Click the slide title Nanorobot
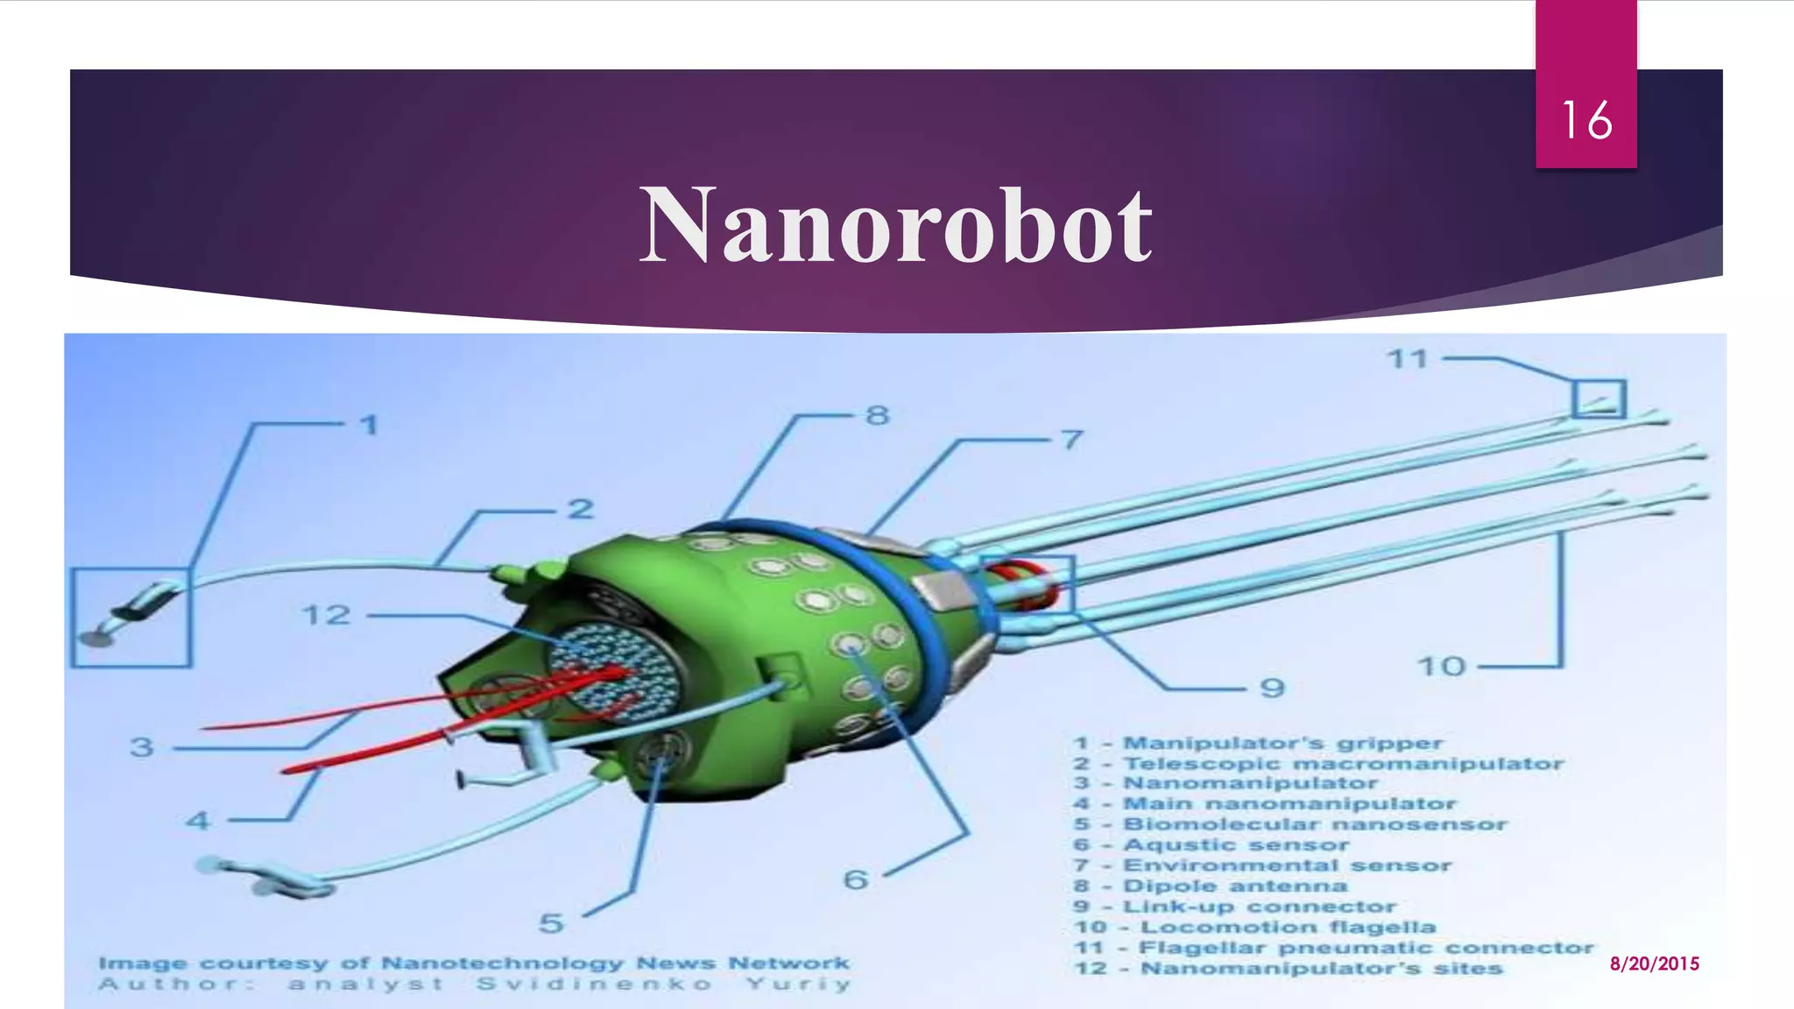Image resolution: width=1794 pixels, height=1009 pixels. (x=895, y=227)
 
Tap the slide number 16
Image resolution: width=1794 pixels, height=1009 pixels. (x=1586, y=120)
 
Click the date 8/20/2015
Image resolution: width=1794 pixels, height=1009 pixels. (x=1654, y=963)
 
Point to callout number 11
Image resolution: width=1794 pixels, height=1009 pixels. (x=1409, y=359)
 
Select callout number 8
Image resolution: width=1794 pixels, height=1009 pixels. (x=877, y=415)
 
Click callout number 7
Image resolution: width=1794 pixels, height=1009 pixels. (x=1071, y=439)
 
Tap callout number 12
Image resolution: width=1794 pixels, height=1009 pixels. (x=327, y=615)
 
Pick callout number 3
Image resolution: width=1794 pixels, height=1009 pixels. (x=142, y=747)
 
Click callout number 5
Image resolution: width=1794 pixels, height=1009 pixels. (x=551, y=923)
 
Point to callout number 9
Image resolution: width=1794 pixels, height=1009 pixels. (x=1272, y=688)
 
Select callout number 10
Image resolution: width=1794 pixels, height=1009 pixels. (x=1441, y=667)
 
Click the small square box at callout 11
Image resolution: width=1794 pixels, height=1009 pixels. (x=1599, y=399)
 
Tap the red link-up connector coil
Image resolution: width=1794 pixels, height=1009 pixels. (x=1025, y=582)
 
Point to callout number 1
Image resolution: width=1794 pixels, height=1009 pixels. (x=370, y=426)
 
